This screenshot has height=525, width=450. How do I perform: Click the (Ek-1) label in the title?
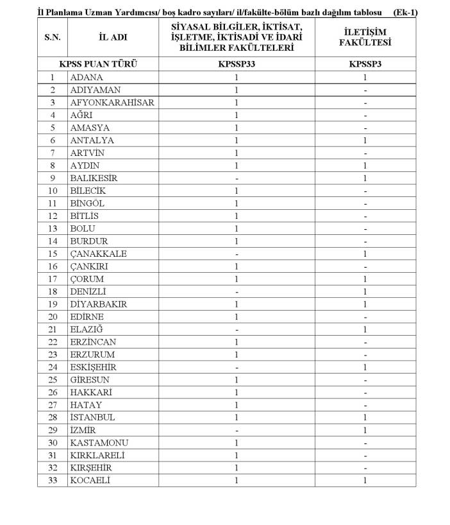[406, 12]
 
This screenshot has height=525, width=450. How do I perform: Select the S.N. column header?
[53, 37]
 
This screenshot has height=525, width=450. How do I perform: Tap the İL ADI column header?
[113, 37]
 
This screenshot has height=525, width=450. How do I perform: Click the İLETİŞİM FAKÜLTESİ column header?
[365, 37]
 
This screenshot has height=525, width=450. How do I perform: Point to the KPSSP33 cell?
[237, 64]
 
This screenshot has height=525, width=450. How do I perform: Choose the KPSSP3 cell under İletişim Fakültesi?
[365, 64]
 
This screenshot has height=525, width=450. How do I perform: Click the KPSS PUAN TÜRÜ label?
[98, 64]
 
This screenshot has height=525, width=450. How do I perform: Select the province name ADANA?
[87, 77]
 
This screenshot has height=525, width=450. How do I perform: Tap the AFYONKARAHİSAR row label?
[112, 103]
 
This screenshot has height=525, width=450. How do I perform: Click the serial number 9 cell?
[53, 178]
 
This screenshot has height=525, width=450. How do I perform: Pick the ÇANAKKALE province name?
[99, 254]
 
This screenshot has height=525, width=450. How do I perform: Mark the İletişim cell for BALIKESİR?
[365, 178]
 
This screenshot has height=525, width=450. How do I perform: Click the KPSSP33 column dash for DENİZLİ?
[237, 291]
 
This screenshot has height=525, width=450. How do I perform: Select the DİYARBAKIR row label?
[99, 304]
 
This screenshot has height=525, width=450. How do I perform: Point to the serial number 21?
[53, 329]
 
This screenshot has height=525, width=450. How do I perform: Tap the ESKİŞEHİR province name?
[94, 367]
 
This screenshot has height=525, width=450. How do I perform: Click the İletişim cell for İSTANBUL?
[365, 417]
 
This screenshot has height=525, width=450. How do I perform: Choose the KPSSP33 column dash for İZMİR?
[237, 430]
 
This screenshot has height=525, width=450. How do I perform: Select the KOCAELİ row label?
[90, 480]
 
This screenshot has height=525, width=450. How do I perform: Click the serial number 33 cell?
[53, 480]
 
